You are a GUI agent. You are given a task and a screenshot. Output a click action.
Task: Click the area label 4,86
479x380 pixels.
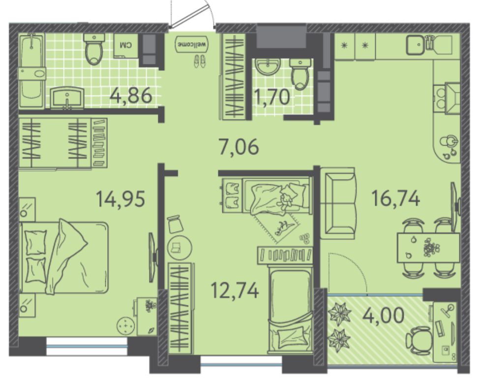pos(131,95)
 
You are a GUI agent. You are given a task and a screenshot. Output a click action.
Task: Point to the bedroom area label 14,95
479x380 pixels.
pos(120,199)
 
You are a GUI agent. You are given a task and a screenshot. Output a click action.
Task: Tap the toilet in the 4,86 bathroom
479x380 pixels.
pos(94,49)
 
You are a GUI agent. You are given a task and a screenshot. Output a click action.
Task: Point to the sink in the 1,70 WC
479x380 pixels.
pos(268,66)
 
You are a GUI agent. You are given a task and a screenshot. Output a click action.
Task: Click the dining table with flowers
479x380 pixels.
pos(428,248)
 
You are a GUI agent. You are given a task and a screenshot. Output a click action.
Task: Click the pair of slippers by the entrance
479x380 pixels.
pos(200,60)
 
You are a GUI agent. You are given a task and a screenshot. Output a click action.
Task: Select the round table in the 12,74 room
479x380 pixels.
pos(180,248)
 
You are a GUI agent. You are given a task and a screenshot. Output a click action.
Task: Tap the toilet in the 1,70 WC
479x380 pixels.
pos(300,74)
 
